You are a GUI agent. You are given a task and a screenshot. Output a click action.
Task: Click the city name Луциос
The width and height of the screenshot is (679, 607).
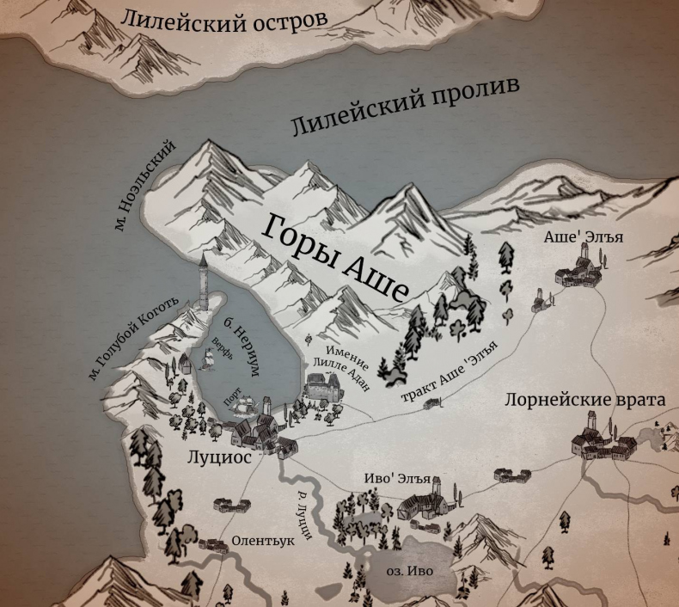coord(219,457)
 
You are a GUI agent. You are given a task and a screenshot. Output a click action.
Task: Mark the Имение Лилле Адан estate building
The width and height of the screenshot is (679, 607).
coord(323,386)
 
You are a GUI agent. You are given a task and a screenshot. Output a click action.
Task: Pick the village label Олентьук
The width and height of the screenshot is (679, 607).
coord(263,542)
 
